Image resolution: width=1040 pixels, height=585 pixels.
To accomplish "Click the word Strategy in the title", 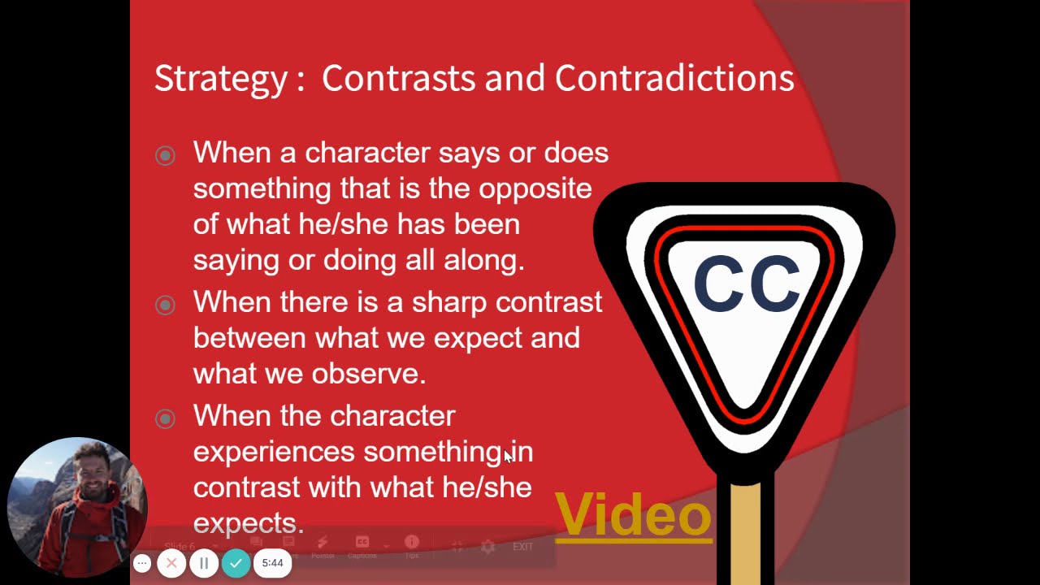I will (220, 79).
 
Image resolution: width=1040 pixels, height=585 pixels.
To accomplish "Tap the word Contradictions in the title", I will (674, 78).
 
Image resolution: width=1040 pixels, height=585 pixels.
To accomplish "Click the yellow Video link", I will (633, 515).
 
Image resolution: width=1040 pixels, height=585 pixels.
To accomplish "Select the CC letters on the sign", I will (747, 284).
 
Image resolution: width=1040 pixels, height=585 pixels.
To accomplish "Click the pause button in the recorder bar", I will (204, 563).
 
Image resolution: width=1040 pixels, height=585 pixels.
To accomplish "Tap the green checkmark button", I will (236, 563).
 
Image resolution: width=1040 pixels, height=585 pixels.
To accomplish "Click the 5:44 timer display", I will (272, 563).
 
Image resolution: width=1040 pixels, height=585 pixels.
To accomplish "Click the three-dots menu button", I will (142, 563).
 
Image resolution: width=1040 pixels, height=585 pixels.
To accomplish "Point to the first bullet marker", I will (165, 155).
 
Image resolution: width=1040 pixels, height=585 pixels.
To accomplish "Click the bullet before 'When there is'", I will (165, 305).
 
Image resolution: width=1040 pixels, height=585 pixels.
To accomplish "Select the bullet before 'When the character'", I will (165, 418).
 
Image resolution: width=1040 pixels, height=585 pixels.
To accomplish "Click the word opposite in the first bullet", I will (535, 188).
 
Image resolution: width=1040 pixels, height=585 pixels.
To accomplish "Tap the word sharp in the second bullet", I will (448, 302).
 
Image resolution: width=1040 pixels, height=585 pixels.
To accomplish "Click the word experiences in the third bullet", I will (274, 452).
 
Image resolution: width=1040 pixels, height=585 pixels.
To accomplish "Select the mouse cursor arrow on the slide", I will (508, 456).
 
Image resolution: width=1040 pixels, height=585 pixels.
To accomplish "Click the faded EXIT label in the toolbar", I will (522, 547).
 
